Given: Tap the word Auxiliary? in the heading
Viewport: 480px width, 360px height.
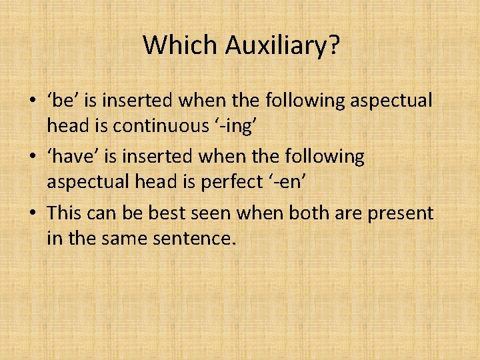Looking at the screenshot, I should tap(283, 46).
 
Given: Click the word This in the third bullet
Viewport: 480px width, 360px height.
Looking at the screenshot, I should tap(65, 213).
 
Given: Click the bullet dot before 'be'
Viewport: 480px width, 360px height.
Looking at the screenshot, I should tap(33, 102).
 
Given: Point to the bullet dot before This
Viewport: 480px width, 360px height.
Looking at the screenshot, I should tap(33, 214).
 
